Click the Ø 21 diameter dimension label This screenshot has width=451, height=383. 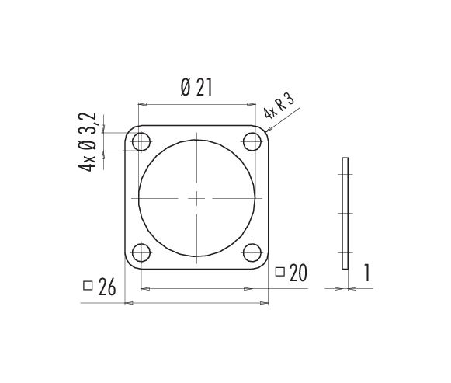click(196, 88)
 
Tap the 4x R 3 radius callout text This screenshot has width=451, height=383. click(279, 106)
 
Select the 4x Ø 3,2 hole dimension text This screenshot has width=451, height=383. click(87, 142)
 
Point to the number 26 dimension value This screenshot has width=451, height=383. click(107, 287)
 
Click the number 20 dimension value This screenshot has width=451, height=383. click(298, 273)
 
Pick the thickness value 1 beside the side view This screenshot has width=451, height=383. click(366, 273)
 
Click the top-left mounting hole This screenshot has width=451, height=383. click(141, 142)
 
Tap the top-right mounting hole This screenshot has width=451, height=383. click(252, 142)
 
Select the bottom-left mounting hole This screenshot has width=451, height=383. click(141, 252)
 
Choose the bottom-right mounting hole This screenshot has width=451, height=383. click(252, 252)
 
